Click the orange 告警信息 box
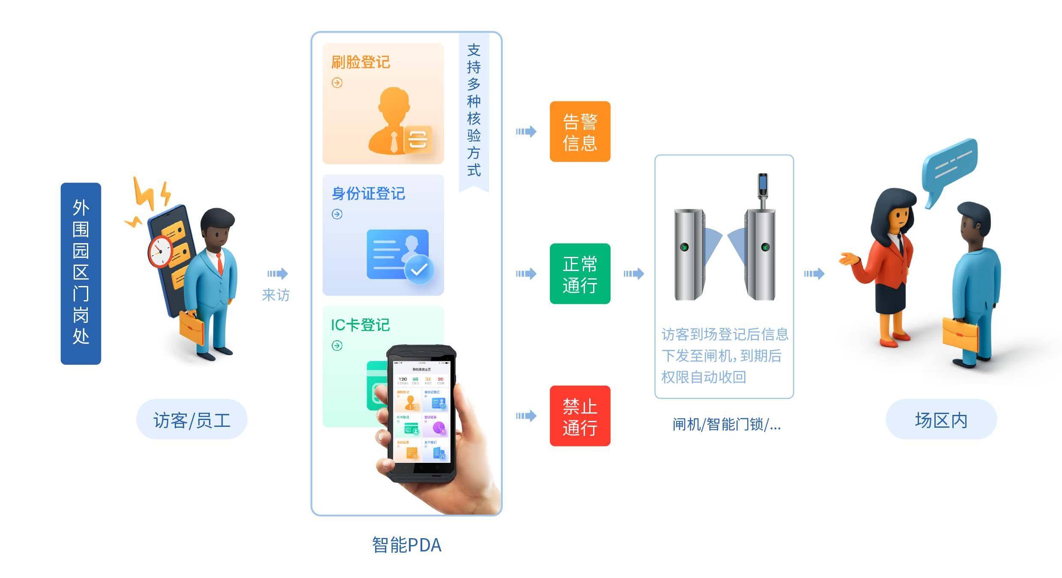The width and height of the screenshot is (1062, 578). tap(580, 131)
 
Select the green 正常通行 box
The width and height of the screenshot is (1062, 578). tap(580, 274)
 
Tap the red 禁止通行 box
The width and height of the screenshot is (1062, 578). tap(580, 416)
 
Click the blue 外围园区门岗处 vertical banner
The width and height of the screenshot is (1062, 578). tap(81, 274)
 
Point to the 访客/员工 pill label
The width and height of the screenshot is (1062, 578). tap(191, 420)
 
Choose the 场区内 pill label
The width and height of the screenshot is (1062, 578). tap(941, 420)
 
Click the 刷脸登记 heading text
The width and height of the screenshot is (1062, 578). tap(360, 63)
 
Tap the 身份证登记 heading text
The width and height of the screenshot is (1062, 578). tap(368, 194)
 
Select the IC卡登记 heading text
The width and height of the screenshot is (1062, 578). tap(360, 325)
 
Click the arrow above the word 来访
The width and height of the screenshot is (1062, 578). tap(277, 274)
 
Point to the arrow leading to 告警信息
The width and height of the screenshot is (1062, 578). tap(526, 131)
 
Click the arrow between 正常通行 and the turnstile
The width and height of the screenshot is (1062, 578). tap(634, 274)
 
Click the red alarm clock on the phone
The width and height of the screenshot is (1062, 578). tap(160, 251)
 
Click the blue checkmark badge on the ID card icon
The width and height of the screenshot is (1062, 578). tap(419, 269)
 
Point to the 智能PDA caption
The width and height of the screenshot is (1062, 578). tap(406, 545)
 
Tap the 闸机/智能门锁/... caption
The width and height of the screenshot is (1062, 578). tap(726, 424)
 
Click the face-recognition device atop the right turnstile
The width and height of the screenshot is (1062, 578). tap(763, 188)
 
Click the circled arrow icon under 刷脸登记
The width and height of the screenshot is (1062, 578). tap(337, 83)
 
